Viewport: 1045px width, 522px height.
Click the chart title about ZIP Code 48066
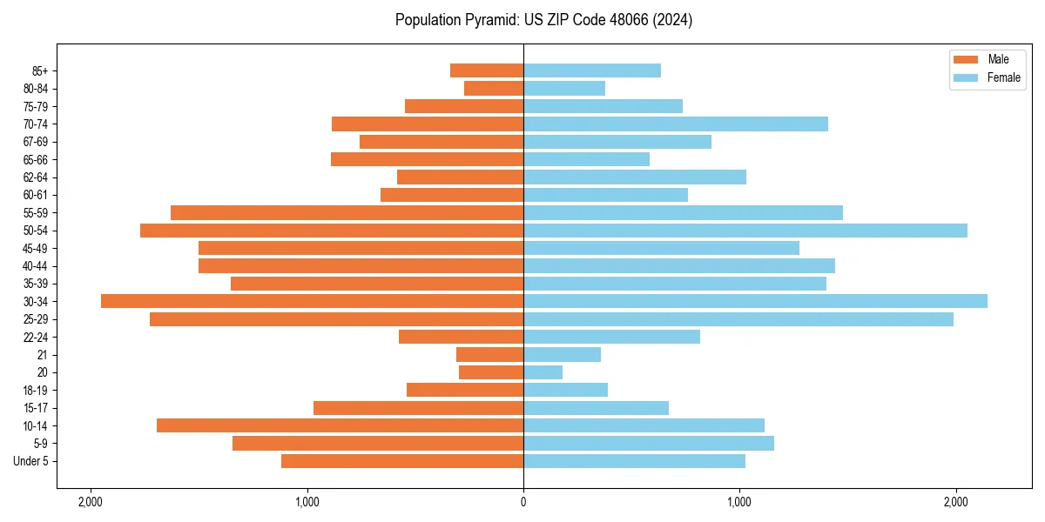tap(543, 20)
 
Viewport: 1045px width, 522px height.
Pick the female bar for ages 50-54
tap(745, 231)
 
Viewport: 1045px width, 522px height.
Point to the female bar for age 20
tap(543, 372)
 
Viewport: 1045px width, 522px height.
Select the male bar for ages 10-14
tap(340, 425)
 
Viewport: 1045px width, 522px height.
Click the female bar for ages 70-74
tap(675, 124)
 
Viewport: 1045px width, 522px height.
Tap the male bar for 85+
tap(487, 70)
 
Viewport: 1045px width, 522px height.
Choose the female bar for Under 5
tap(634, 461)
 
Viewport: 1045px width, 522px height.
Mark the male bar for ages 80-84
tap(494, 88)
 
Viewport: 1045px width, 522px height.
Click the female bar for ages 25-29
tap(738, 319)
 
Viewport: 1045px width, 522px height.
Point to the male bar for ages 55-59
tap(347, 212)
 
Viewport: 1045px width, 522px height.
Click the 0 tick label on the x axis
tap(523, 501)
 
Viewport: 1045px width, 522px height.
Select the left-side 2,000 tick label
tap(90, 501)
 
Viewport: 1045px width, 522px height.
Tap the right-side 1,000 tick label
tap(739, 501)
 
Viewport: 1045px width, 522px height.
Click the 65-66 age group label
tap(36, 159)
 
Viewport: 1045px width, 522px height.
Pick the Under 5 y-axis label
tap(31, 461)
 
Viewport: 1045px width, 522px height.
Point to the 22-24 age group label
tap(36, 337)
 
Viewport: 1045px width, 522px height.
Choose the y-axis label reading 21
tap(43, 355)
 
